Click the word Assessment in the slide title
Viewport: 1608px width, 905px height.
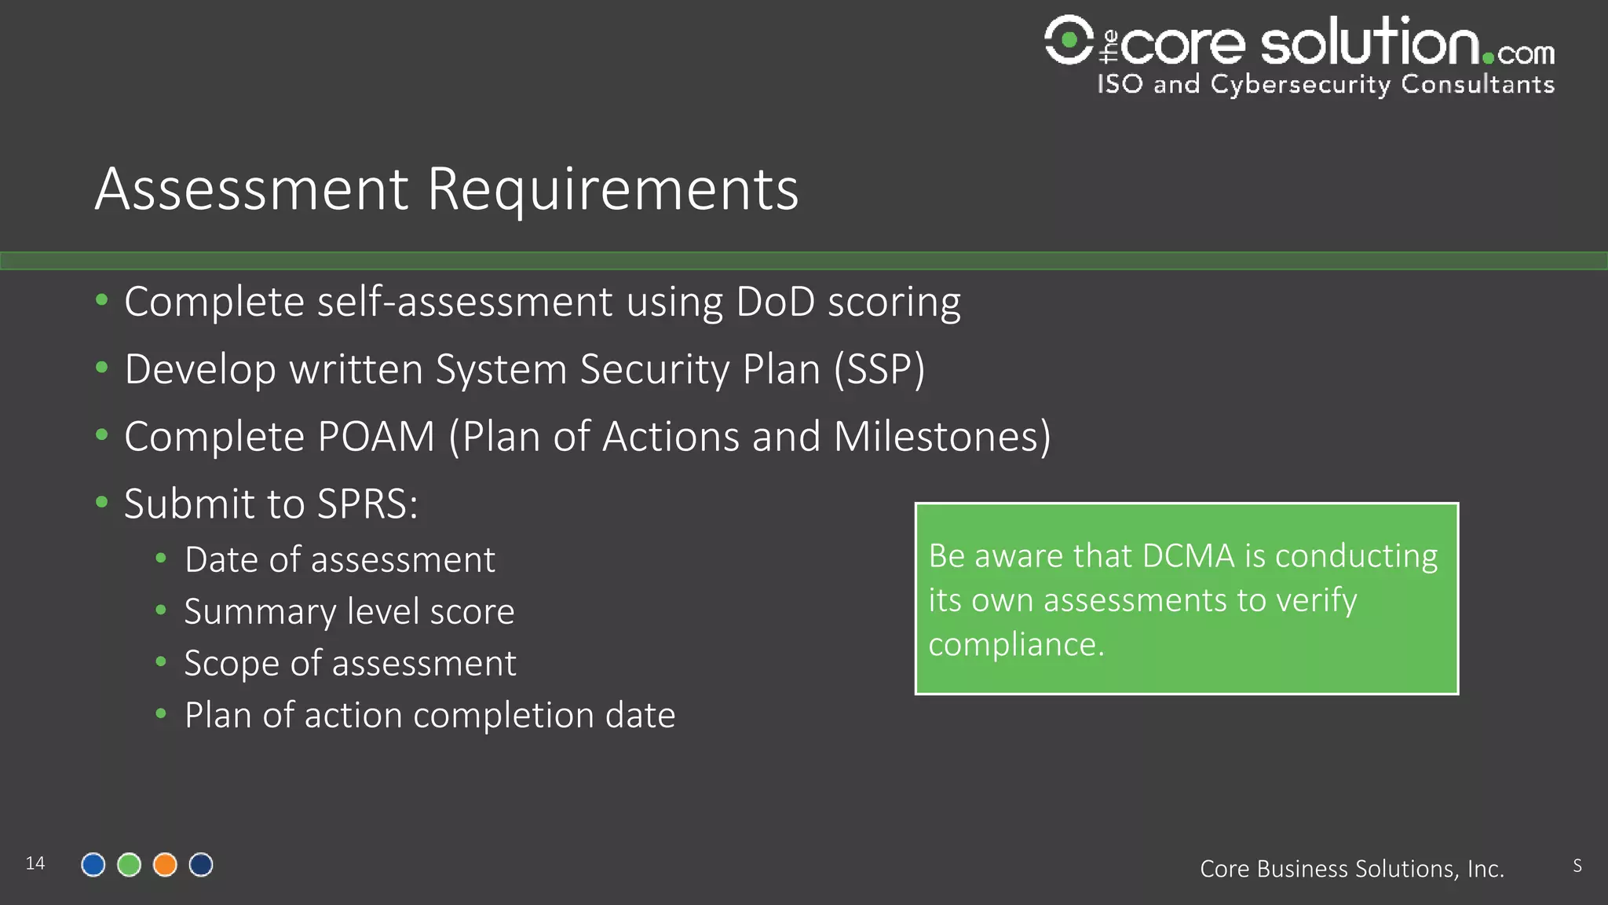point(251,189)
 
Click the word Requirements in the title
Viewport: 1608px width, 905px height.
point(612,189)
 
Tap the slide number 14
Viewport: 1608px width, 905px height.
point(35,863)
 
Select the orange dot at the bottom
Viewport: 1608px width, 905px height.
point(165,865)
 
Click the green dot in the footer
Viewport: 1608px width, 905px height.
point(129,865)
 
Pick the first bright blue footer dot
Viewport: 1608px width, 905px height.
point(93,865)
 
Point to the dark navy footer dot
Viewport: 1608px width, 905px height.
point(201,865)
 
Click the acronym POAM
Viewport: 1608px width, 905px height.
point(376,437)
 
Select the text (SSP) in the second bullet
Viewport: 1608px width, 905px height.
point(879,369)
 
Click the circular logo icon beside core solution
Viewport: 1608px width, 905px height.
point(1069,39)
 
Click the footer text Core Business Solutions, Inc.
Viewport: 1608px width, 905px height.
point(1351,869)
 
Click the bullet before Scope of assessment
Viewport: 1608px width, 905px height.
point(161,661)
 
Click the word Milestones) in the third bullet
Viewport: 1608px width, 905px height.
point(941,437)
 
